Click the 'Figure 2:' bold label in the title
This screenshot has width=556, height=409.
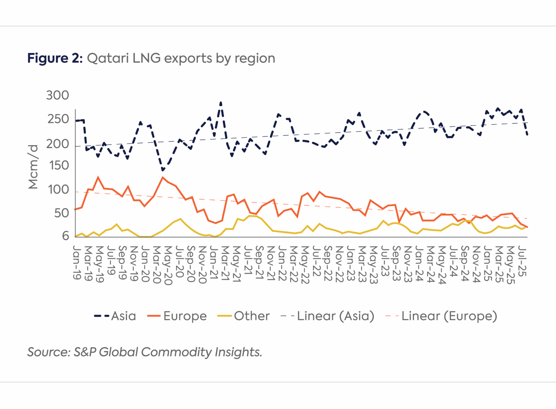pyautogui.click(x=55, y=58)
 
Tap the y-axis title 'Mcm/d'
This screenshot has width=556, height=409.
pyautogui.click(x=33, y=167)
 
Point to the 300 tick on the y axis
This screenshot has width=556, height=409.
pyautogui.click(x=57, y=95)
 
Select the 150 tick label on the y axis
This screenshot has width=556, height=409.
pyautogui.click(x=59, y=165)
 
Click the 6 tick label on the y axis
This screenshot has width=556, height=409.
pyautogui.click(x=65, y=236)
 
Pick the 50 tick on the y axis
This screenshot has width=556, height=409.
pyautogui.click(x=61, y=213)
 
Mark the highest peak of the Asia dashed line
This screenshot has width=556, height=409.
pyautogui.click(x=221, y=103)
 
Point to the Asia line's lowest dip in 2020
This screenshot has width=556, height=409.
pyautogui.click(x=163, y=170)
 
